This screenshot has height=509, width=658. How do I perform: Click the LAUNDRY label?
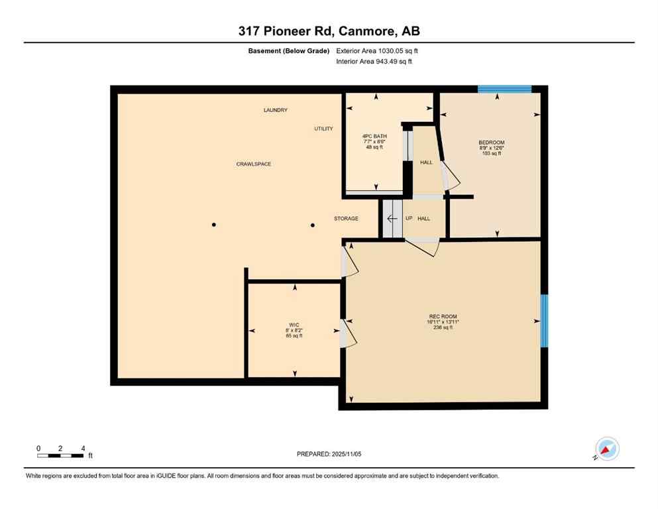point(275,110)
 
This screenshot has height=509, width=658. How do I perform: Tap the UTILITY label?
point(323,129)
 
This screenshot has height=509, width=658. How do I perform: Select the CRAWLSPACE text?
point(254,164)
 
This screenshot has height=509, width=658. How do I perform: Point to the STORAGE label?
point(346,219)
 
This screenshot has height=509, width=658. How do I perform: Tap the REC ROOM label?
point(443,316)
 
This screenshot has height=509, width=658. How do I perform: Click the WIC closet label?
point(294,325)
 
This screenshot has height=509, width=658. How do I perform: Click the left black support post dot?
point(213,225)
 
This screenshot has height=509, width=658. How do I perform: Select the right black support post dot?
point(313,225)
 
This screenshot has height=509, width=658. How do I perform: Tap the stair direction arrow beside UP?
point(392,218)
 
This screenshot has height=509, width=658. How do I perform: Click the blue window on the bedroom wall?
point(504,89)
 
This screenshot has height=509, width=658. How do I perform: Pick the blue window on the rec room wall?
point(544,321)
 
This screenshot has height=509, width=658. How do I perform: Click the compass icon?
point(606,449)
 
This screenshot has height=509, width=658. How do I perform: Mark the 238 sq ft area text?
point(443,327)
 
